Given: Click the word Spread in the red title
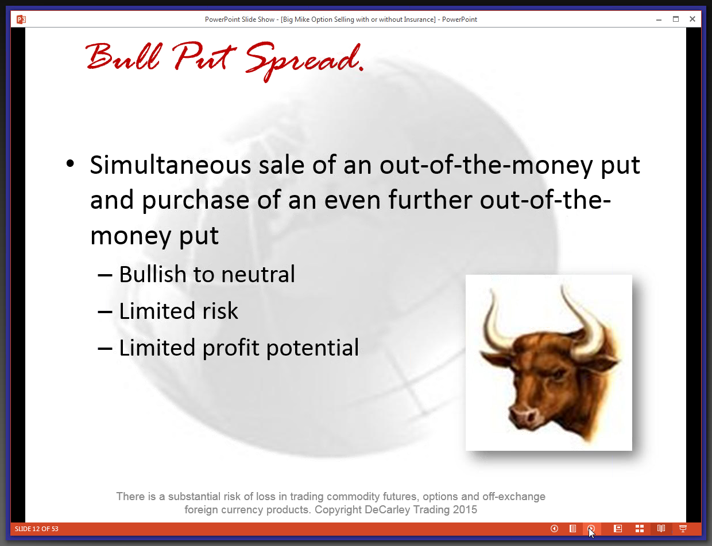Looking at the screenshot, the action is pyautogui.click(x=303, y=61).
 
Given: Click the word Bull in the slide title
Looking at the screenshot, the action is pyautogui.click(x=123, y=56).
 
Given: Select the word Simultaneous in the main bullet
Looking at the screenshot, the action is pyautogui.click(x=171, y=165).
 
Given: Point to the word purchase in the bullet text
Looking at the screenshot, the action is pyautogui.click(x=196, y=201).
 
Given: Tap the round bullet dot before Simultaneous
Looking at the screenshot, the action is pyautogui.click(x=70, y=163).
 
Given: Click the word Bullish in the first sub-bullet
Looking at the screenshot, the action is pyautogui.click(x=152, y=274).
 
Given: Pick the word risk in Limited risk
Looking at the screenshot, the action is pyautogui.click(x=220, y=311).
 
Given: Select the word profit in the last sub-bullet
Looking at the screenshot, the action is pyautogui.click(x=231, y=348).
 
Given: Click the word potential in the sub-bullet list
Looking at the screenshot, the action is pyautogui.click(x=312, y=348).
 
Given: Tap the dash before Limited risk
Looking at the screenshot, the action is pyautogui.click(x=105, y=312).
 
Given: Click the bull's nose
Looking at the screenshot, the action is pyautogui.click(x=523, y=415).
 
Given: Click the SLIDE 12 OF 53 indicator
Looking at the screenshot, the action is pyautogui.click(x=37, y=529).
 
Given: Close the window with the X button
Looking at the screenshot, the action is pyautogui.click(x=692, y=19).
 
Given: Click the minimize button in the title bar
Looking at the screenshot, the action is pyautogui.click(x=659, y=19).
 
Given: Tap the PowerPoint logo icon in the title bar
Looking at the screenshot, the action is pyautogui.click(x=21, y=19).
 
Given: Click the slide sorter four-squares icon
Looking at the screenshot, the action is pyautogui.click(x=639, y=528).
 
